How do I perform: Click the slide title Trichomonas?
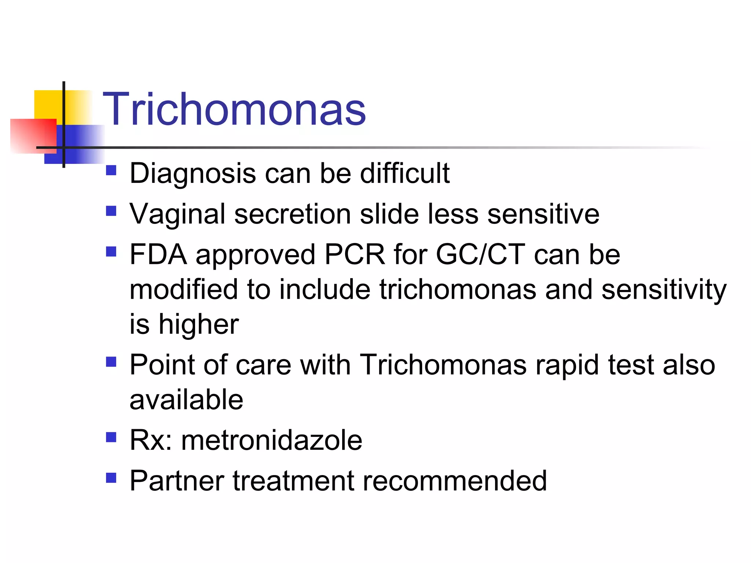[234, 109]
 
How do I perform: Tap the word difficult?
[404, 173]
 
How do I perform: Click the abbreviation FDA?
[158, 254]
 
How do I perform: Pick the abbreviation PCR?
[355, 254]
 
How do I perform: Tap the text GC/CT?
[480, 254]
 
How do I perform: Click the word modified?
[184, 290]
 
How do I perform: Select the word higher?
[198, 325]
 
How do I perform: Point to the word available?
[186, 400]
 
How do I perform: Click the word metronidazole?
[271, 440]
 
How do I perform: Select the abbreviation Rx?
[151, 440]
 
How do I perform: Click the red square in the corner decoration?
[33, 136]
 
